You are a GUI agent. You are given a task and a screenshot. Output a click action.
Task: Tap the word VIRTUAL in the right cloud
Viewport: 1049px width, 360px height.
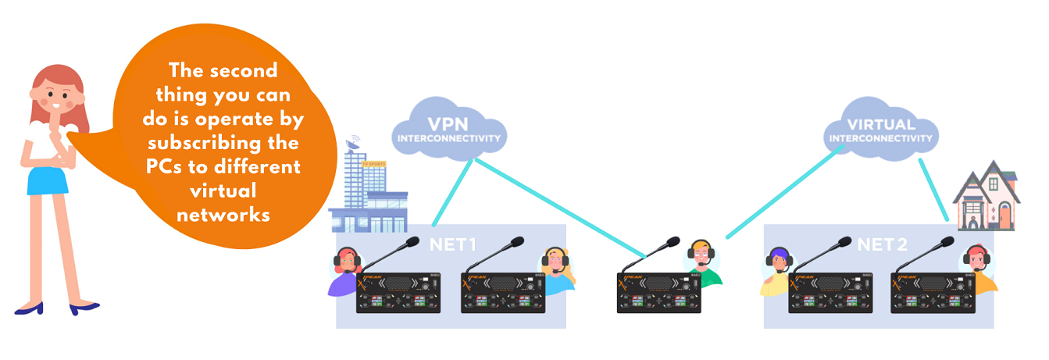click(880, 125)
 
